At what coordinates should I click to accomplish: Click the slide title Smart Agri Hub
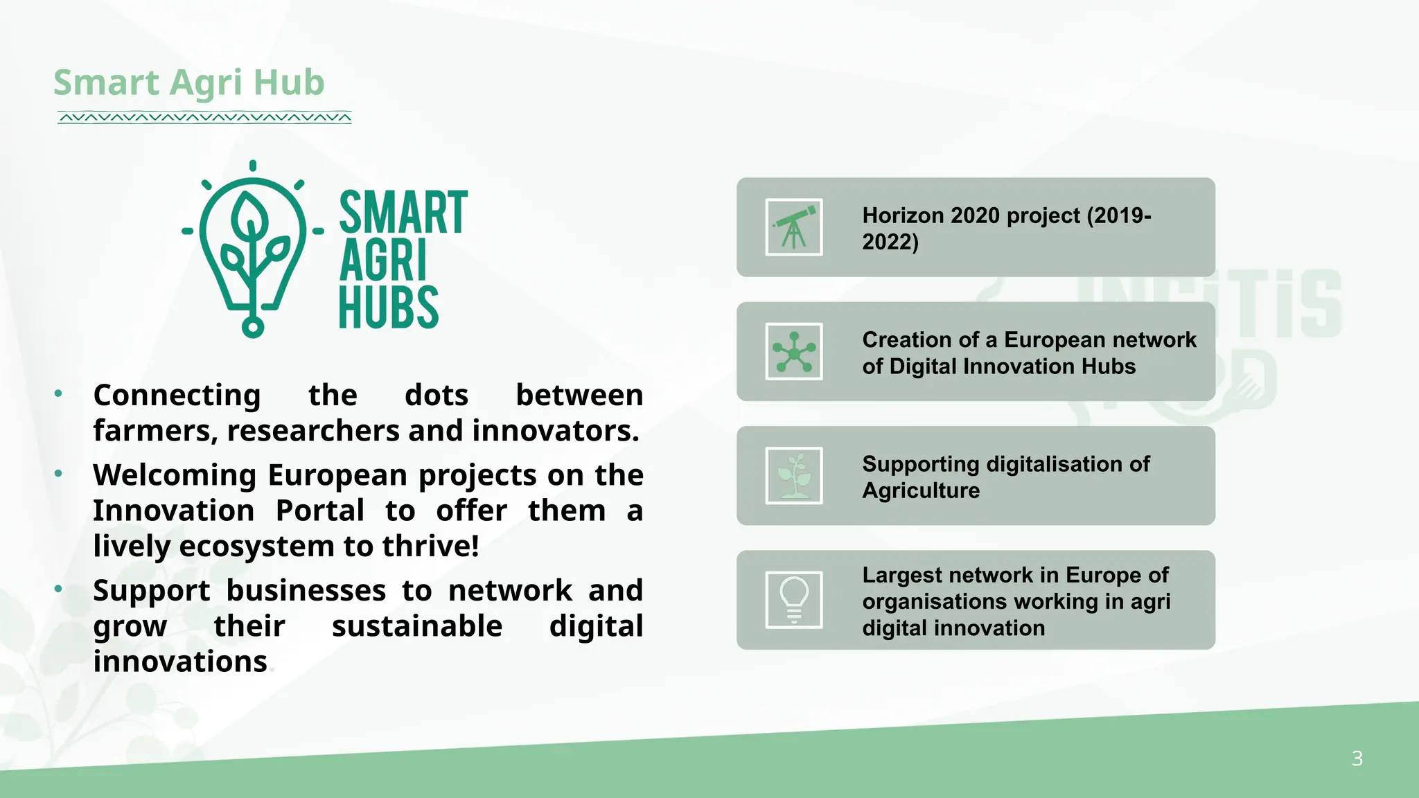pos(188,82)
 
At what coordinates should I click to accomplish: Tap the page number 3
pos(1357,759)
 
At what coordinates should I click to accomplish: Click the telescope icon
pos(794,227)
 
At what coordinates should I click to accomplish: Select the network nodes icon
pos(794,352)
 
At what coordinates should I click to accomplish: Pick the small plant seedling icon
pos(794,476)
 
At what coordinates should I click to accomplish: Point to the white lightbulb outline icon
pos(794,600)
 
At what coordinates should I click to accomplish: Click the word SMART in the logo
pos(403,213)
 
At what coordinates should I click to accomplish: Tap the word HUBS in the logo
pos(388,308)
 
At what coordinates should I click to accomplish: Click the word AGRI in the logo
pos(383,261)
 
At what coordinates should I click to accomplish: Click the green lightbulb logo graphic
pos(253,249)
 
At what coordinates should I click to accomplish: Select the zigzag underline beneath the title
pos(204,118)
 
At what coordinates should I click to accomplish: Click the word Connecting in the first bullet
pos(177,396)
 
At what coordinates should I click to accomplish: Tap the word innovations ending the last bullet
pos(180,662)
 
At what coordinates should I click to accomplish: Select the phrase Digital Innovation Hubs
pos(1012,366)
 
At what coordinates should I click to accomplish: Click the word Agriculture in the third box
pos(921,490)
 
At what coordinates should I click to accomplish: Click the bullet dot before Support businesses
pos(59,589)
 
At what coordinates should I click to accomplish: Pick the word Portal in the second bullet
pos(319,511)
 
